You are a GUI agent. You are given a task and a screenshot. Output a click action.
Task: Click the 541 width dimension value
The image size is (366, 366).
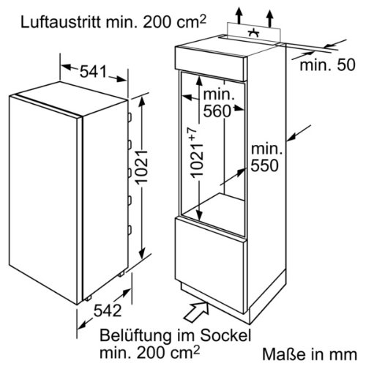tap(94, 71)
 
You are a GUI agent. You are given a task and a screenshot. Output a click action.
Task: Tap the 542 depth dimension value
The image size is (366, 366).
tap(108, 310)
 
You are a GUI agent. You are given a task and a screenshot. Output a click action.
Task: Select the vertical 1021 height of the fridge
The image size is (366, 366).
tap(143, 167)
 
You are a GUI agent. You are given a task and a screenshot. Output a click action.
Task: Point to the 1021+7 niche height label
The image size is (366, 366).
tap(197, 152)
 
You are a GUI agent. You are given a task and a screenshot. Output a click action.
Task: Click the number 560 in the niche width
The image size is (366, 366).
tap(217, 111)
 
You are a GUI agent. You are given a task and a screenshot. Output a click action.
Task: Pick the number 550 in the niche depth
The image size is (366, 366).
tap(265, 165)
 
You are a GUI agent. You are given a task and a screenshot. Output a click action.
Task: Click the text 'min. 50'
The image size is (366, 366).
tap(327, 65)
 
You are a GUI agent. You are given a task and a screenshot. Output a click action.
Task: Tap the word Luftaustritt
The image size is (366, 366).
tap(61, 22)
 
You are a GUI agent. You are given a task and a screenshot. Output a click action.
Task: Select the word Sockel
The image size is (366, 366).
tap(225, 335)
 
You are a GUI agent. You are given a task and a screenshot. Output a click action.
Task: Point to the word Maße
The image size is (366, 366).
tap(280, 354)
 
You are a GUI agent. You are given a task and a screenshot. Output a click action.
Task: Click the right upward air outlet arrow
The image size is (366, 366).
tap(270, 18)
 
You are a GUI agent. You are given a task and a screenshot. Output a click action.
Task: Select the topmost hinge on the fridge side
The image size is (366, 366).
tap(130, 117)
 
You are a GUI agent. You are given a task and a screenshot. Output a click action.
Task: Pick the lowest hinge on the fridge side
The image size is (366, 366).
tap(130, 230)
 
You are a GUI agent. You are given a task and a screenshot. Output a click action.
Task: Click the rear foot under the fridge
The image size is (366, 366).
tap(121, 274)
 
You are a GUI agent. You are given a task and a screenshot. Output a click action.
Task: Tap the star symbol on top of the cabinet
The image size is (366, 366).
tap(254, 33)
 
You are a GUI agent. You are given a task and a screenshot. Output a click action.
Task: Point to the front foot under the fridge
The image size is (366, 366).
tap(88, 298)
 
